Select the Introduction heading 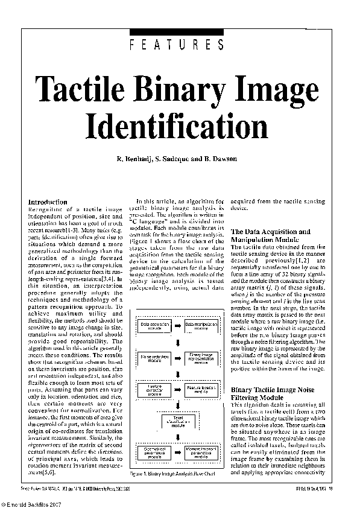pos(48,202)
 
